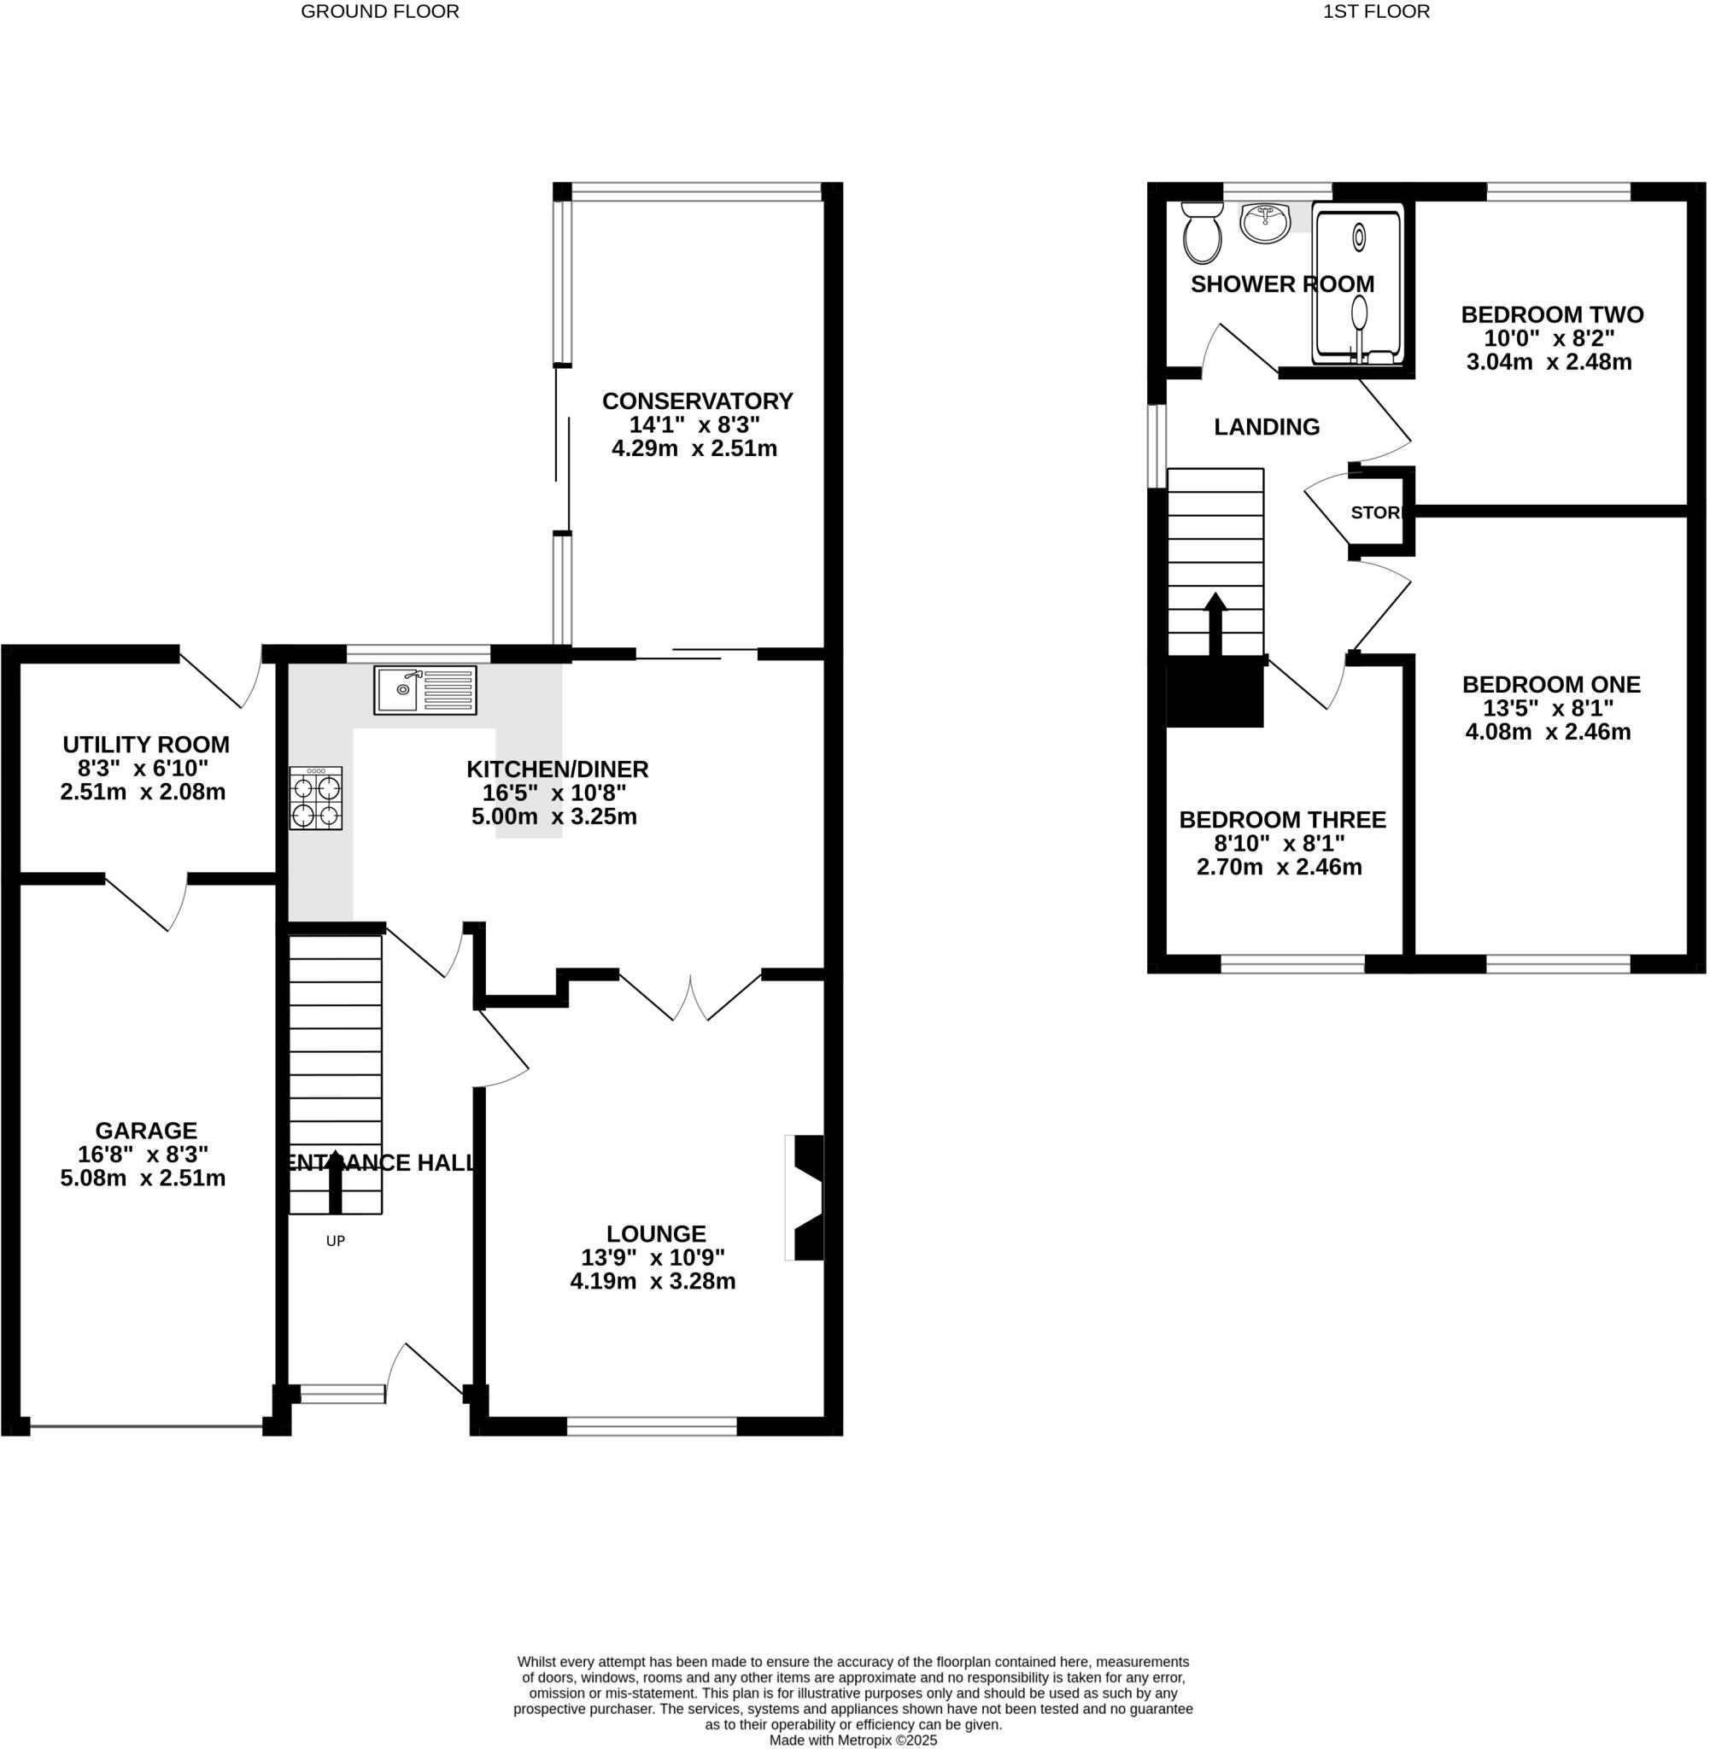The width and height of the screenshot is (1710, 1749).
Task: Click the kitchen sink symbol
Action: (425, 689)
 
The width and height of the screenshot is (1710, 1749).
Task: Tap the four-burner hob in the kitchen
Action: (316, 798)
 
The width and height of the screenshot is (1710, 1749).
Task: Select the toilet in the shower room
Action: (1202, 231)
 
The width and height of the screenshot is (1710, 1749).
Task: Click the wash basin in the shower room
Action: (1266, 223)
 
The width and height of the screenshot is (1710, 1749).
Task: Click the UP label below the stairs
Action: (335, 1241)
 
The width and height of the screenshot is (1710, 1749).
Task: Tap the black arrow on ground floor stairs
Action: (335, 1181)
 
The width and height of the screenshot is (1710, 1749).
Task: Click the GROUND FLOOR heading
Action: (380, 12)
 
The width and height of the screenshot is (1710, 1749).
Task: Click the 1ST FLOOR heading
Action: (1375, 12)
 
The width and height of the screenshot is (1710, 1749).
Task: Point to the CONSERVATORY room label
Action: (697, 401)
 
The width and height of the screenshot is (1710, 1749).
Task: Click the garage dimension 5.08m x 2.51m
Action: (143, 1178)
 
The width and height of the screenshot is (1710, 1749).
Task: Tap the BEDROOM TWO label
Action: (1552, 315)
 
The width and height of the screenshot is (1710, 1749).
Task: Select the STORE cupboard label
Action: (1375, 512)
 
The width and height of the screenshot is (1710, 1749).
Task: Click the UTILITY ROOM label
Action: (146, 745)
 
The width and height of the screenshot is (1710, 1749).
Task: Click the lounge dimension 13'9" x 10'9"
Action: (653, 1257)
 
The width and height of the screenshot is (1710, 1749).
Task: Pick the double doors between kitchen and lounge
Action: (690, 997)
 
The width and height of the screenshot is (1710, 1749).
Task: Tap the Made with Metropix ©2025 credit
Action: (853, 1740)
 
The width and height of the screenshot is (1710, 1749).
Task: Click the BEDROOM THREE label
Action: (1283, 820)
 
